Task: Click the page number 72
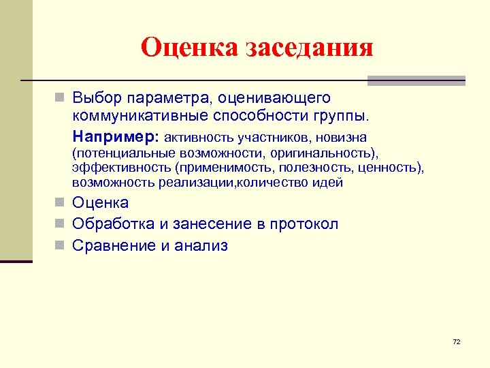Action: point(456,341)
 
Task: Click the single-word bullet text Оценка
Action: point(101,202)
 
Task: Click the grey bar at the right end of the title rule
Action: point(416,80)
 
